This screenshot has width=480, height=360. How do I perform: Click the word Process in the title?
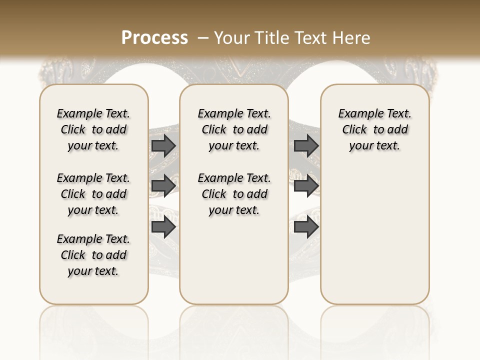154,38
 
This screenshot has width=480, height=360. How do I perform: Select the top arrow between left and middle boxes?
163,145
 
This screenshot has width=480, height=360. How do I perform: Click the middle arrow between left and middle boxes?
163,186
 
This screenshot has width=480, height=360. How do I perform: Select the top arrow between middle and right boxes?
306,145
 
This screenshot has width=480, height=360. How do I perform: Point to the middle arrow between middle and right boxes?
306,186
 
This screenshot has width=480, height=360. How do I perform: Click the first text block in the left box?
93,129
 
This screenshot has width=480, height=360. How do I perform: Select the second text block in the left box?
93,194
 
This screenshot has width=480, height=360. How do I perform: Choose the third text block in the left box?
93,255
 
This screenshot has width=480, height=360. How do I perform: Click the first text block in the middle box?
234,129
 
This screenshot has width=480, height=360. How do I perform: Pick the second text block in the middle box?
234,194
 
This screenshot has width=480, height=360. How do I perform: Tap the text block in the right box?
375,129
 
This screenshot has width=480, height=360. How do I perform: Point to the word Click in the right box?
354,130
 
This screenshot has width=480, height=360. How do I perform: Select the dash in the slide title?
203,38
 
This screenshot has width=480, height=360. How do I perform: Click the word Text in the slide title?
312,38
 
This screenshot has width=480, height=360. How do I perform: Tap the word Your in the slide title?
232,38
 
